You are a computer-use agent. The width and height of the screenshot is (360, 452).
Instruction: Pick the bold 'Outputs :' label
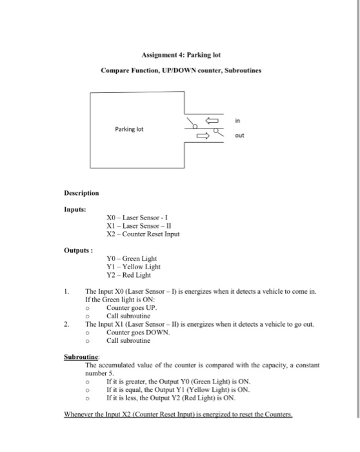[x=77, y=250]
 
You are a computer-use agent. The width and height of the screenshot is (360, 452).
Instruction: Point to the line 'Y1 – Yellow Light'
[x=133, y=267]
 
